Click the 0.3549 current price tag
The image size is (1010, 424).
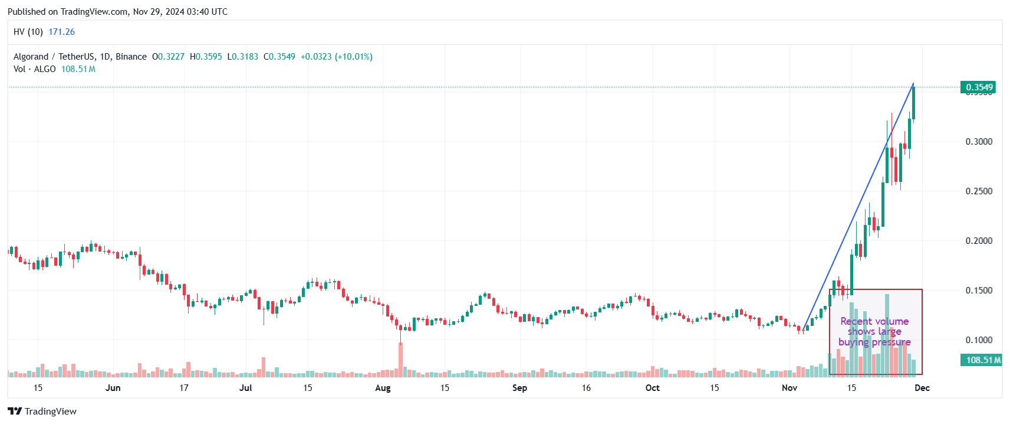click(979, 87)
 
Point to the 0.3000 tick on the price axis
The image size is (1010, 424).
click(979, 142)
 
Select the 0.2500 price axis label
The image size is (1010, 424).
click(979, 191)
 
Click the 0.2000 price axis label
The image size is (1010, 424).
click(979, 241)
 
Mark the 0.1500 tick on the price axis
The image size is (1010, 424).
click(979, 291)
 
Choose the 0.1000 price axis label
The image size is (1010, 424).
click(979, 340)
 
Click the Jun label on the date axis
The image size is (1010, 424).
click(113, 388)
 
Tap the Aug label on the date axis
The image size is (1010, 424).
click(383, 388)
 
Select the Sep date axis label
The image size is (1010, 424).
click(519, 388)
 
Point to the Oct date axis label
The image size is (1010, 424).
click(652, 388)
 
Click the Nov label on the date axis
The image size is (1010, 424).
click(789, 388)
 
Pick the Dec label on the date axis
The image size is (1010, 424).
click(922, 388)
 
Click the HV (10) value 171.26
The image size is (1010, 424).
click(61, 32)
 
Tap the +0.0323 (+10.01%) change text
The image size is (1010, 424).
click(336, 57)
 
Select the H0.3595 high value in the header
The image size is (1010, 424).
click(206, 57)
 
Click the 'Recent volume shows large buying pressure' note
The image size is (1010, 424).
click(874, 332)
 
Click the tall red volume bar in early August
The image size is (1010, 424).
click(400, 359)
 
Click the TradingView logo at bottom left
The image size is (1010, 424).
click(42, 411)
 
